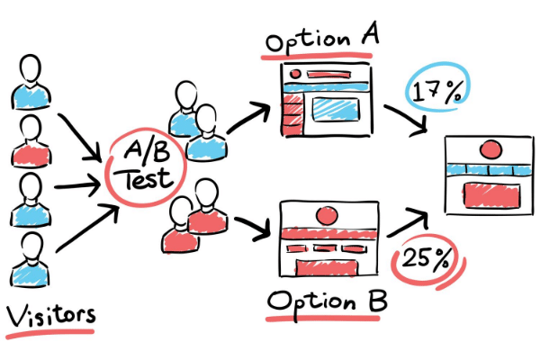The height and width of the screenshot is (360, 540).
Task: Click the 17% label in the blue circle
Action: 437,93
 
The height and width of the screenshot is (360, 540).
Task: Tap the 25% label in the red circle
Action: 426,258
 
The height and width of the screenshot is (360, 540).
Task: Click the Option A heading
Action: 322,39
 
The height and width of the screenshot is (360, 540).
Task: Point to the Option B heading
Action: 328,303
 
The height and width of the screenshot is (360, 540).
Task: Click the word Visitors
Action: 50,315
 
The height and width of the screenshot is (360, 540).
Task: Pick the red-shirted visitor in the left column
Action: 31,140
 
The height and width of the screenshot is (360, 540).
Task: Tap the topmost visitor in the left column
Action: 31,82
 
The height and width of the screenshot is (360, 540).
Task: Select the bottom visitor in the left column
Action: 31,260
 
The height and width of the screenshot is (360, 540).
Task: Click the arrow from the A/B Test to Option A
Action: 248,116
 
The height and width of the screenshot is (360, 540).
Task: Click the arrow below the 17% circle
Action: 408,119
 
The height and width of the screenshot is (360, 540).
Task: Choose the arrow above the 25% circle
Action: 409,223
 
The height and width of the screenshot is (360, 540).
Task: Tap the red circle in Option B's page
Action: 327,216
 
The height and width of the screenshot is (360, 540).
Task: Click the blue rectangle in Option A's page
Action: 336,109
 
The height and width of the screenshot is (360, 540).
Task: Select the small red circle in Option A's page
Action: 295,74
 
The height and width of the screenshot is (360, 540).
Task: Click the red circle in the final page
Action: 490,149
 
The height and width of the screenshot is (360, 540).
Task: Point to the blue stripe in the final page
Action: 489,170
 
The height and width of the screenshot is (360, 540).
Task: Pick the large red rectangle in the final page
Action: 491,195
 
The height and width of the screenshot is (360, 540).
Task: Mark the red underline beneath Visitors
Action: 49,333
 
